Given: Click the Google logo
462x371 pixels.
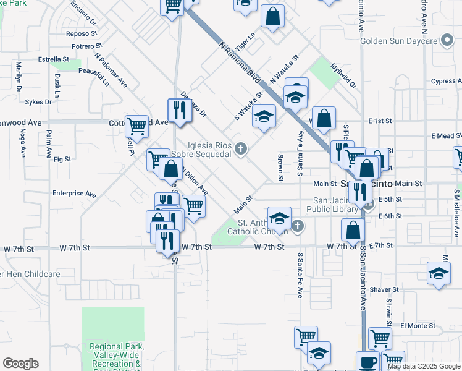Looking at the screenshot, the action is [20, 364].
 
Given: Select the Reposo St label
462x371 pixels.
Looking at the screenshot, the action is [78, 34].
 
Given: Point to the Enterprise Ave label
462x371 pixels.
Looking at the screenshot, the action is [74, 194].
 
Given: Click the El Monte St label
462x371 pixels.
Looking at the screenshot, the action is [418, 325].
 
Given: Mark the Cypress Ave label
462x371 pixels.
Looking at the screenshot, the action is [447, 81].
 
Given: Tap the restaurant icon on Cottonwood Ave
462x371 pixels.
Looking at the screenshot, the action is [179, 111].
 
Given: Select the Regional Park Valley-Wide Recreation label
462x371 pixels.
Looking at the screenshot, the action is [116, 356].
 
